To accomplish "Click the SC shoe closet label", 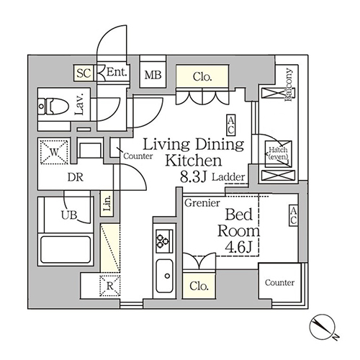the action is click(84, 73).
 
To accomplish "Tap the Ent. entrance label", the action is click(117, 72).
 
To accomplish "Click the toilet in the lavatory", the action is click(54, 106).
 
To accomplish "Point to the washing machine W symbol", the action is click(54, 152).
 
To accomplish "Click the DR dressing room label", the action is click(75, 177).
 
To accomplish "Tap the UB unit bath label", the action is click(69, 215).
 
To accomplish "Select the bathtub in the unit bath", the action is click(66, 249).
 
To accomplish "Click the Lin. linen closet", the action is click(107, 204).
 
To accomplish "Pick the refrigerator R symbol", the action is click(109, 286).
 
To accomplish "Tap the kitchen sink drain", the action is click(167, 276).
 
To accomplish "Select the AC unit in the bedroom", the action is click(293, 215).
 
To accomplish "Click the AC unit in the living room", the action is click(231, 125).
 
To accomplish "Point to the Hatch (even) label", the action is click(278, 153).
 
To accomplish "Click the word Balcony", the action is click(289, 84).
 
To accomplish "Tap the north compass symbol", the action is click(322, 326).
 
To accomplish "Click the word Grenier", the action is click(202, 203).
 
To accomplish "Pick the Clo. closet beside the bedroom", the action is click(199, 286).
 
